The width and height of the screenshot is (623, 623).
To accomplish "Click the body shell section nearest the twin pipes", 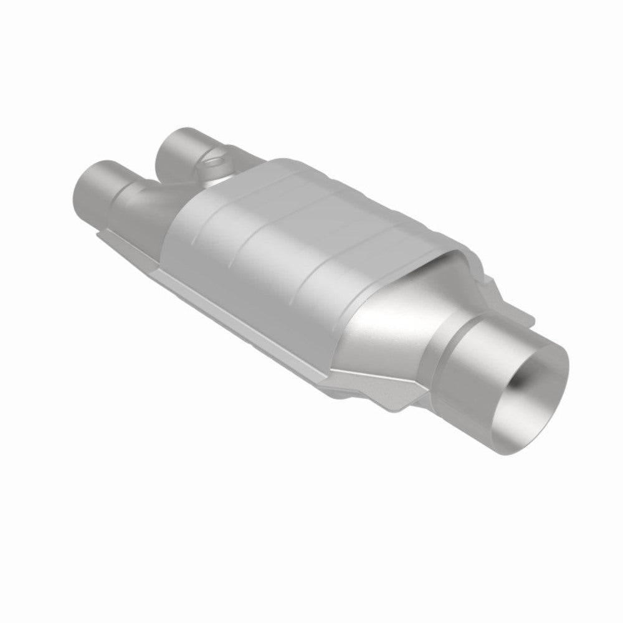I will (187, 212).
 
